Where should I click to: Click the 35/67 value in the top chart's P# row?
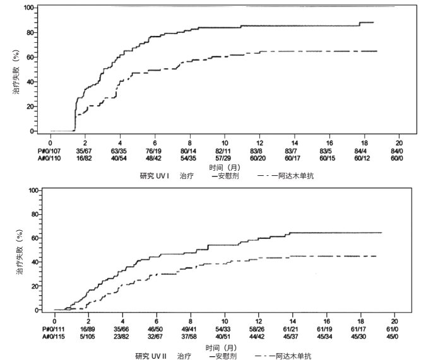point(84,151)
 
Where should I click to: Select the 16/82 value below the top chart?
point(84,158)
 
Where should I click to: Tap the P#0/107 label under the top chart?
point(49,151)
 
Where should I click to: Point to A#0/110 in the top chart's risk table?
point(49,158)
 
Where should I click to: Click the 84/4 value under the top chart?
point(360,151)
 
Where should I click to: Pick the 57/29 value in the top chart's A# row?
point(223,158)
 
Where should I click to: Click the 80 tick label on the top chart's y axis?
point(30,32)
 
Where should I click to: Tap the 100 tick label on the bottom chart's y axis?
point(33,190)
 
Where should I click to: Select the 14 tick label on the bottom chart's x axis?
point(292,322)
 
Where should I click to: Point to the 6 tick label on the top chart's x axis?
point(155,143)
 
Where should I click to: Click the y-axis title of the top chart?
point(16,72)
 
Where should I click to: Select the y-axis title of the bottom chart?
point(20,252)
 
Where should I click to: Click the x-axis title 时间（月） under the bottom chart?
point(221,348)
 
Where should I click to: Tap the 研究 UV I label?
point(155,176)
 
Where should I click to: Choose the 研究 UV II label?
point(151,356)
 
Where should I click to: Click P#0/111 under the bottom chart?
point(54,329)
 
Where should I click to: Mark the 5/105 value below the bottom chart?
point(87,337)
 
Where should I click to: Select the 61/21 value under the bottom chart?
point(290,329)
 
